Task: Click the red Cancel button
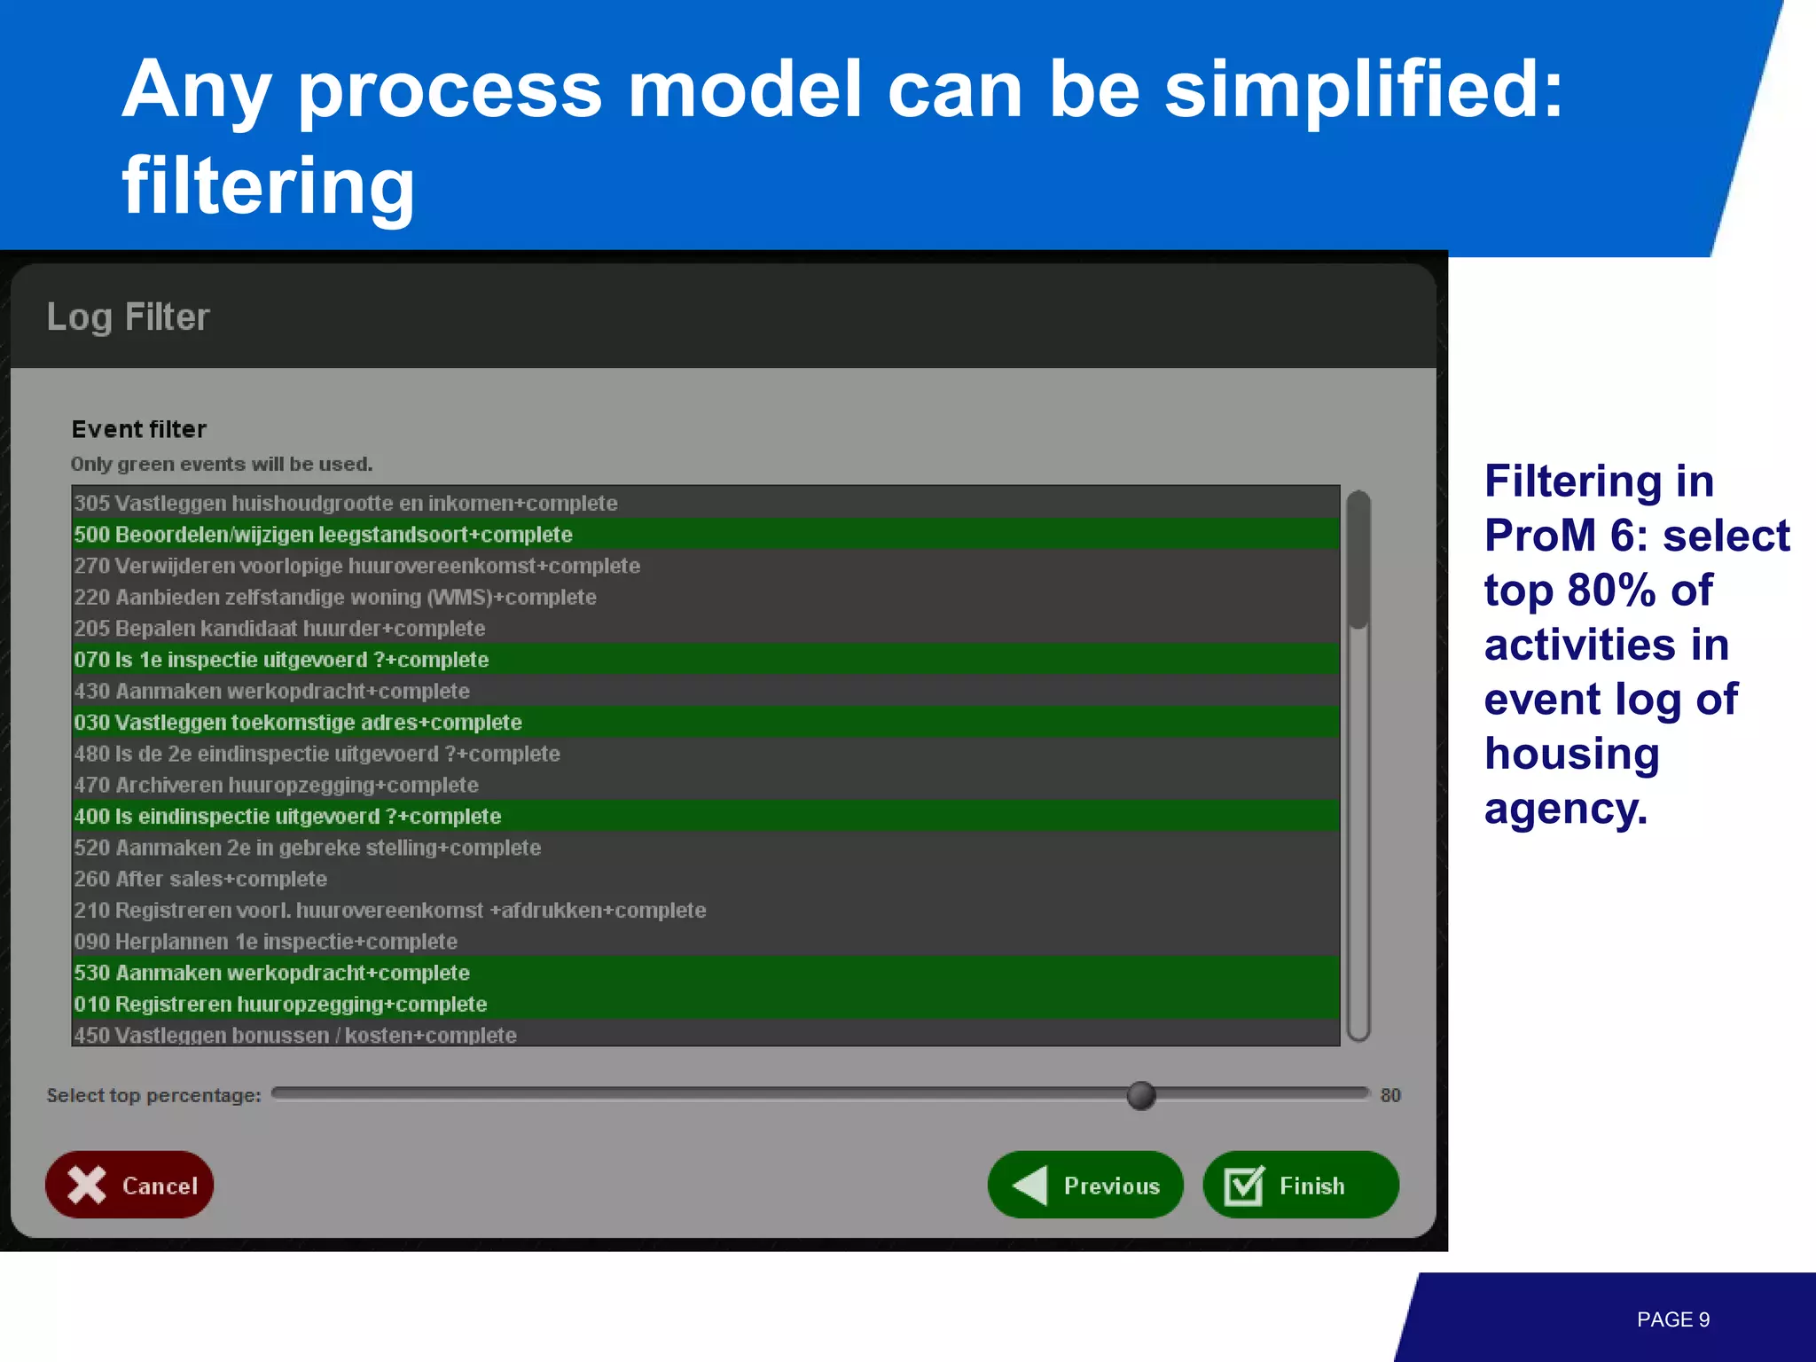[129, 1185]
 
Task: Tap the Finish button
[1300, 1185]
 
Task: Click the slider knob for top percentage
[1141, 1095]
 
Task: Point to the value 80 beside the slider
[1389, 1095]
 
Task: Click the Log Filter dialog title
[128, 317]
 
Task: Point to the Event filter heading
[139, 429]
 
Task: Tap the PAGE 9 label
[1672, 1319]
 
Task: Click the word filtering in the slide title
[268, 186]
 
